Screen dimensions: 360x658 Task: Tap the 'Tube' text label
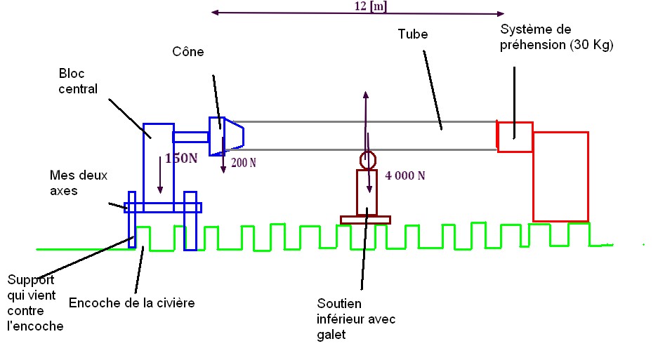412,34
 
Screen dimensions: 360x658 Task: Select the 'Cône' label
186,52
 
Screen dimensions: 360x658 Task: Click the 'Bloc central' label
78,81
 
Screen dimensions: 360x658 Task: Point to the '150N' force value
181,158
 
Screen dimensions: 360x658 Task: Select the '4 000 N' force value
404,175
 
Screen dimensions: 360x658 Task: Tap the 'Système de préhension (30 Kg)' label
556,38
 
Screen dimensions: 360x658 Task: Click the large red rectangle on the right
560,175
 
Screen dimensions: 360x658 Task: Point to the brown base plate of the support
365,220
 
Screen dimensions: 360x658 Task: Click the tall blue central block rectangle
157,165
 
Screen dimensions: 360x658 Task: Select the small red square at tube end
515,137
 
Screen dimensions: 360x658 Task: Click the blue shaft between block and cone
191,137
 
